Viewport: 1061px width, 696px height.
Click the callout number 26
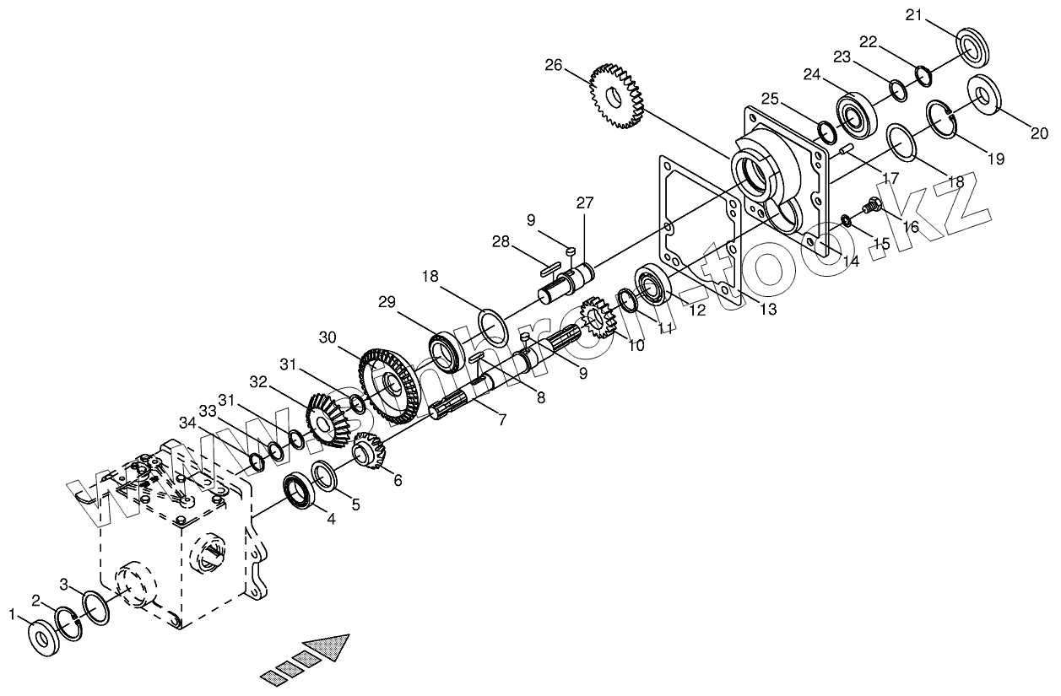point(553,64)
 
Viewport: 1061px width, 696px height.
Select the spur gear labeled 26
point(617,95)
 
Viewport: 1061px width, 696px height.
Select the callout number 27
point(585,202)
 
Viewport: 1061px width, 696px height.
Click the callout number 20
point(1040,132)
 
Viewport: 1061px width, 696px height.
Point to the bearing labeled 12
point(652,284)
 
